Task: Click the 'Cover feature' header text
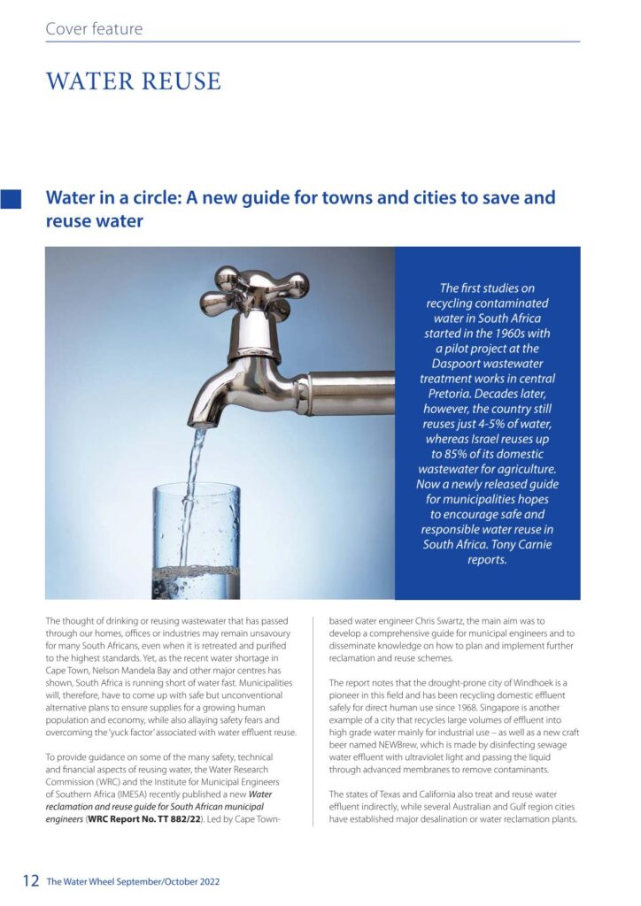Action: click(94, 29)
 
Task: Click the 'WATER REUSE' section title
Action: click(133, 81)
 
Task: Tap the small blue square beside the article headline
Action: click(12, 198)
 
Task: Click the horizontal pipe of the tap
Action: click(350, 393)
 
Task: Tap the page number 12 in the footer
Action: click(31, 881)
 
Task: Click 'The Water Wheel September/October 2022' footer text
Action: click(133, 882)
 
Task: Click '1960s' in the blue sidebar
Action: click(505, 334)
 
